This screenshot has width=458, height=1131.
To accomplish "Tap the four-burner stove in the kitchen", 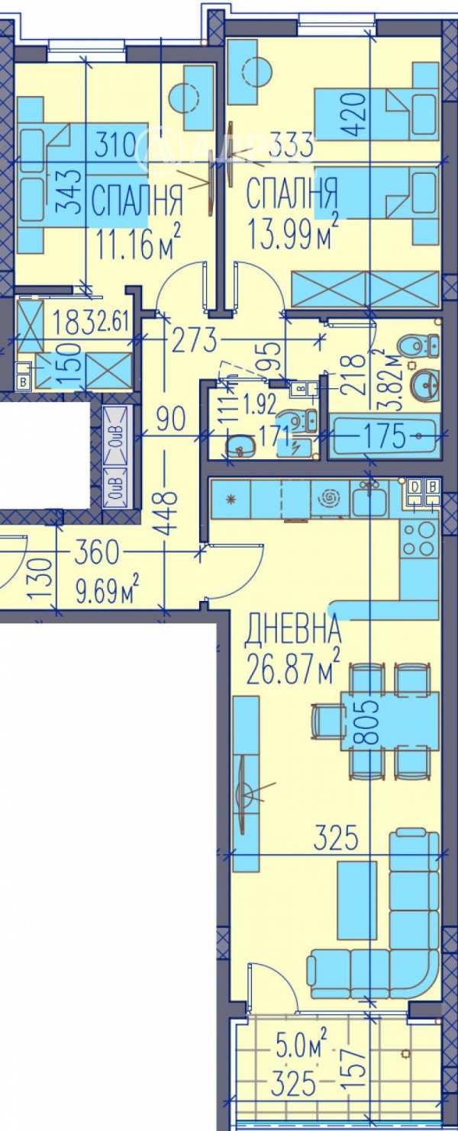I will coord(419,539).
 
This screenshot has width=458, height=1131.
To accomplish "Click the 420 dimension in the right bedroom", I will coord(360,114).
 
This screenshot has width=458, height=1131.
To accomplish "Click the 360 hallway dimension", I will coord(99,550).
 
